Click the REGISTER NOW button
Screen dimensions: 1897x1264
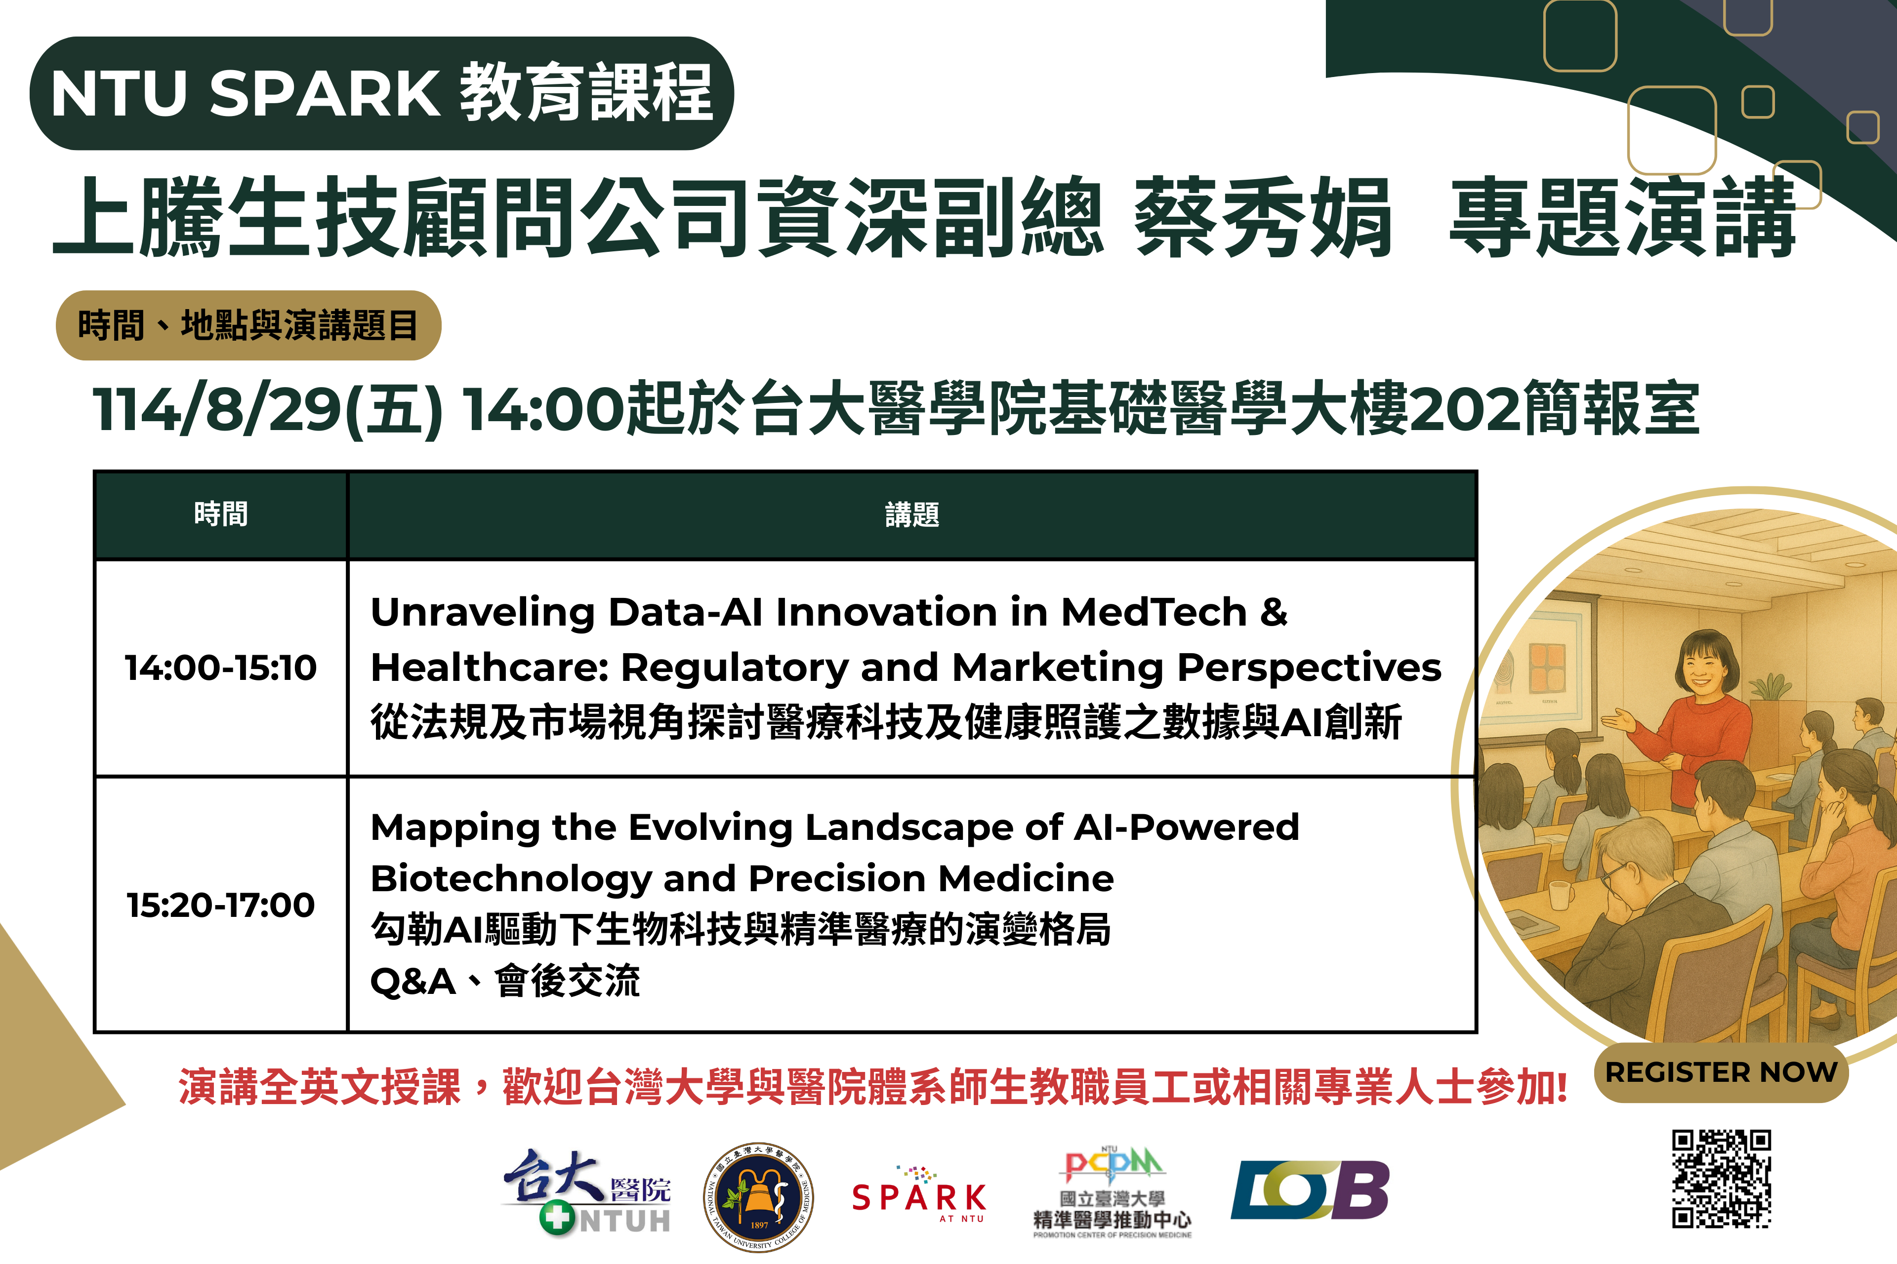(1721, 1072)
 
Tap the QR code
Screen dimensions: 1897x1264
(1721, 1179)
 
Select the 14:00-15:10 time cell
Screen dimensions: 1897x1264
(221, 668)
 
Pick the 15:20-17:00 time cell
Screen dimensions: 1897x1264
(221, 905)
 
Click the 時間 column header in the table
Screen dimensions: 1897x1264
(221, 514)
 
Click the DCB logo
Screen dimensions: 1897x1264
(1310, 1190)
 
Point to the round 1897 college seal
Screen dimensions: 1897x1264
(758, 1197)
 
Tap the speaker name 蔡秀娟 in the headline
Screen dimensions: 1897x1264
(1263, 218)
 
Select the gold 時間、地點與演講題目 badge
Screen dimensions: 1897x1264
(248, 326)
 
